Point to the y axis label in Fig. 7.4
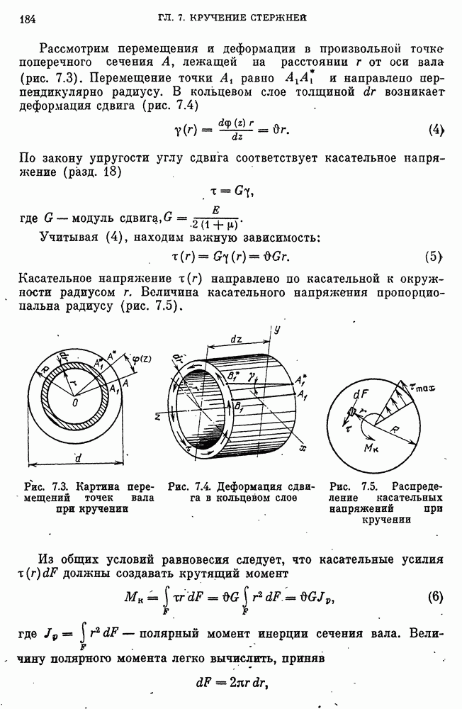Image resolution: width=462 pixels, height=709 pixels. coord(278,330)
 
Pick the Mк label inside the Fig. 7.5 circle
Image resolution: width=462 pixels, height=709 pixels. coord(373,450)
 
